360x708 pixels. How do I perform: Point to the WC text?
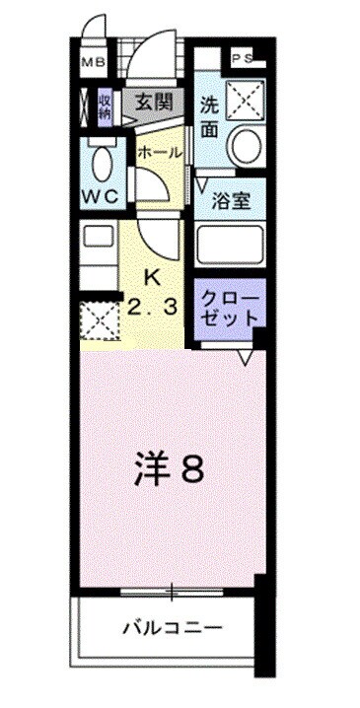pyautogui.click(x=100, y=196)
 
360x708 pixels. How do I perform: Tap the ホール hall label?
pyautogui.click(x=158, y=153)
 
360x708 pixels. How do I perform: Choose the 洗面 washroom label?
pyautogui.click(x=209, y=114)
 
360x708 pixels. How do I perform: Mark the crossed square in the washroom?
pyautogui.click(x=243, y=99)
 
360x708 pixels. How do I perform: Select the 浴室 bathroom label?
pyautogui.click(x=233, y=201)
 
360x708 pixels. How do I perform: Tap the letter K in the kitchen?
pyautogui.click(x=152, y=277)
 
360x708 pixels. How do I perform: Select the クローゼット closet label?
pyautogui.click(x=231, y=308)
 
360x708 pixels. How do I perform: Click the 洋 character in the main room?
pyautogui.click(x=149, y=470)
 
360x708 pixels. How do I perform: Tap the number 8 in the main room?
pyautogui.click(x=191, y=470)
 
